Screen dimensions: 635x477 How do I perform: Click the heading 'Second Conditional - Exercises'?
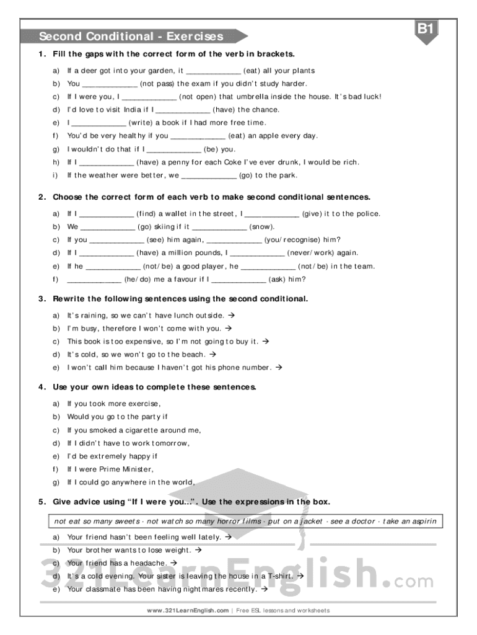[131, 37]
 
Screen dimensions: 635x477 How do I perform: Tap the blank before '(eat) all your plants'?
[213, 71]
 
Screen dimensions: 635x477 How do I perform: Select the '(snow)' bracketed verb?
[262, 227]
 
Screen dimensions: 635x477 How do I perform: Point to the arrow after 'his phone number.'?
[278, 367]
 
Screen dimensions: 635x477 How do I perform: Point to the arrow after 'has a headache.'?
[173, 563]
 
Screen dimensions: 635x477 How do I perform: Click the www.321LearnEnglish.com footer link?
[188, 610]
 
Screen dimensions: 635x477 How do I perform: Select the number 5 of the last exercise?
[41, 502]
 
